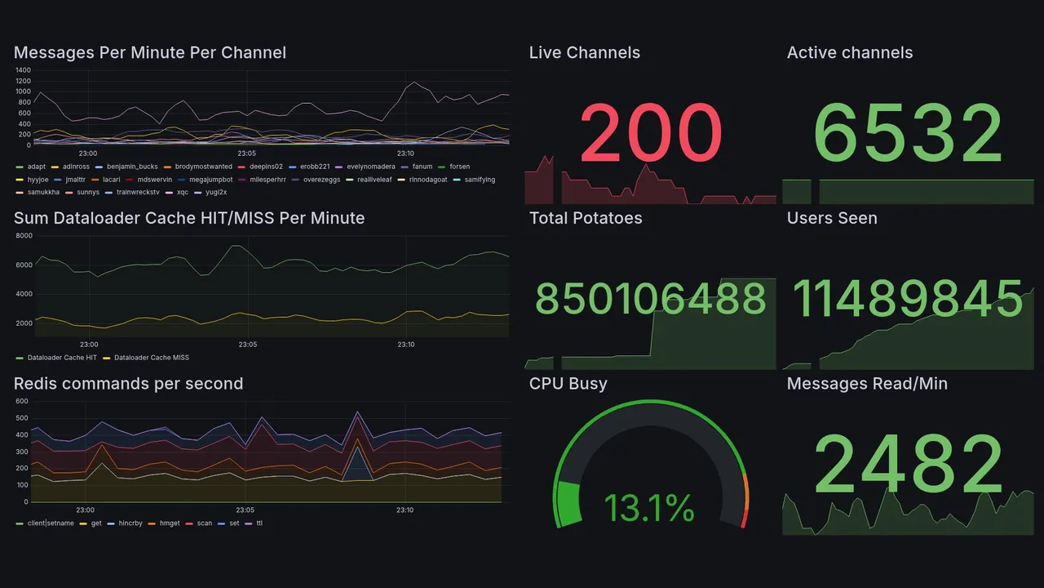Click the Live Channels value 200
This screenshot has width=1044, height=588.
pos(651,134)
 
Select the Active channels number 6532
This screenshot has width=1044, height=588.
pos(908,134)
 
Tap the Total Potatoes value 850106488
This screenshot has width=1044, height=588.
pos(651,300)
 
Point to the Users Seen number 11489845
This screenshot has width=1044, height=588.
pos(908,300)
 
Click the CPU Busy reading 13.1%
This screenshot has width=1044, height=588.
pos(649,509)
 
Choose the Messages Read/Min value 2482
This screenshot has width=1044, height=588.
pos(908,465)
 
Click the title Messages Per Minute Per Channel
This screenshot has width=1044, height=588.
pos(150,53)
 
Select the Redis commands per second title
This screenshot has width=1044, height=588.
pos(129,384)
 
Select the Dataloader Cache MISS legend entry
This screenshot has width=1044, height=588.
pos(151,358)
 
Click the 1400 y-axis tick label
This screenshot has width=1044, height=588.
pos(23,70)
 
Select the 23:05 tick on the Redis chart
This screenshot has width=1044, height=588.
pos(246,510)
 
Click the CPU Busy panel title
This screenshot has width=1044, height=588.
pos(568,384)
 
